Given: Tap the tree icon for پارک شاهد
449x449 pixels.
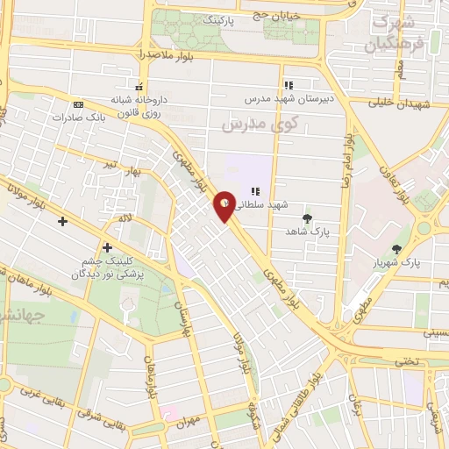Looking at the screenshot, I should pos(306,217).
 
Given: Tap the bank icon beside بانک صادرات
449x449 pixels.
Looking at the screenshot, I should pos(79,103).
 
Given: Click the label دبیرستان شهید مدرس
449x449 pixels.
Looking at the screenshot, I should pos(288,99).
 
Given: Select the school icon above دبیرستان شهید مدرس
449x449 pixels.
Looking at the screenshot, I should pos(288,86).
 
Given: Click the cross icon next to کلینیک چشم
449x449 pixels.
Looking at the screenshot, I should pos(107,248).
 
